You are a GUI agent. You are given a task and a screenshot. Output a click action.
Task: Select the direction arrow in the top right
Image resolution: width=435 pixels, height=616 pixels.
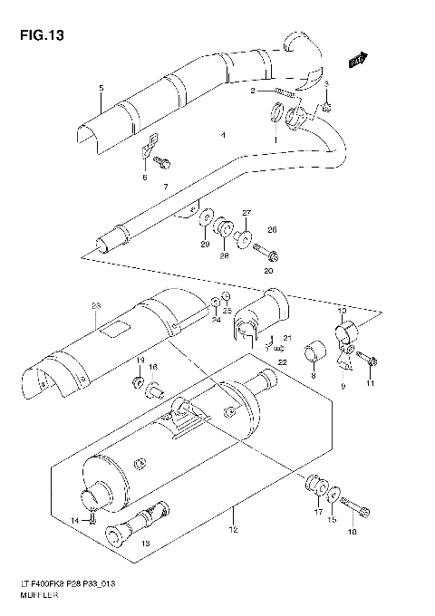[x=358, y=60]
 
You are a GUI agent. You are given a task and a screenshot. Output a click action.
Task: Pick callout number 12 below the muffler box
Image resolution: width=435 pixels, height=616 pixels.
[x=234, y=528]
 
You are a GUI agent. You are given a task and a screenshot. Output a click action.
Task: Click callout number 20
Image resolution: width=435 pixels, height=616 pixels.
[x=267, y=270]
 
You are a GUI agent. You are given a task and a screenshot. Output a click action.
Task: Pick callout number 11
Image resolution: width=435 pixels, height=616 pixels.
[x=370, y=385]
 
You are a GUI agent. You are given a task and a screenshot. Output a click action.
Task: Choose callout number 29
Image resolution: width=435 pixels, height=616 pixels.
[x=205, y=245]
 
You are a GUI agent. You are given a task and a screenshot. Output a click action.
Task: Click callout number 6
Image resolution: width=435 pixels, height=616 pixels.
[x=143, y=178]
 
